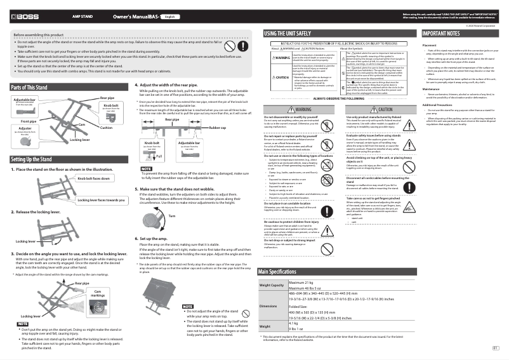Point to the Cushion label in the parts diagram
pyautogui.click(x=106, y=128)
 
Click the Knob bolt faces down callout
pyautogui.click(x=94, y=180)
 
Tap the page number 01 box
pyautogui.click(x=494, y=347)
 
